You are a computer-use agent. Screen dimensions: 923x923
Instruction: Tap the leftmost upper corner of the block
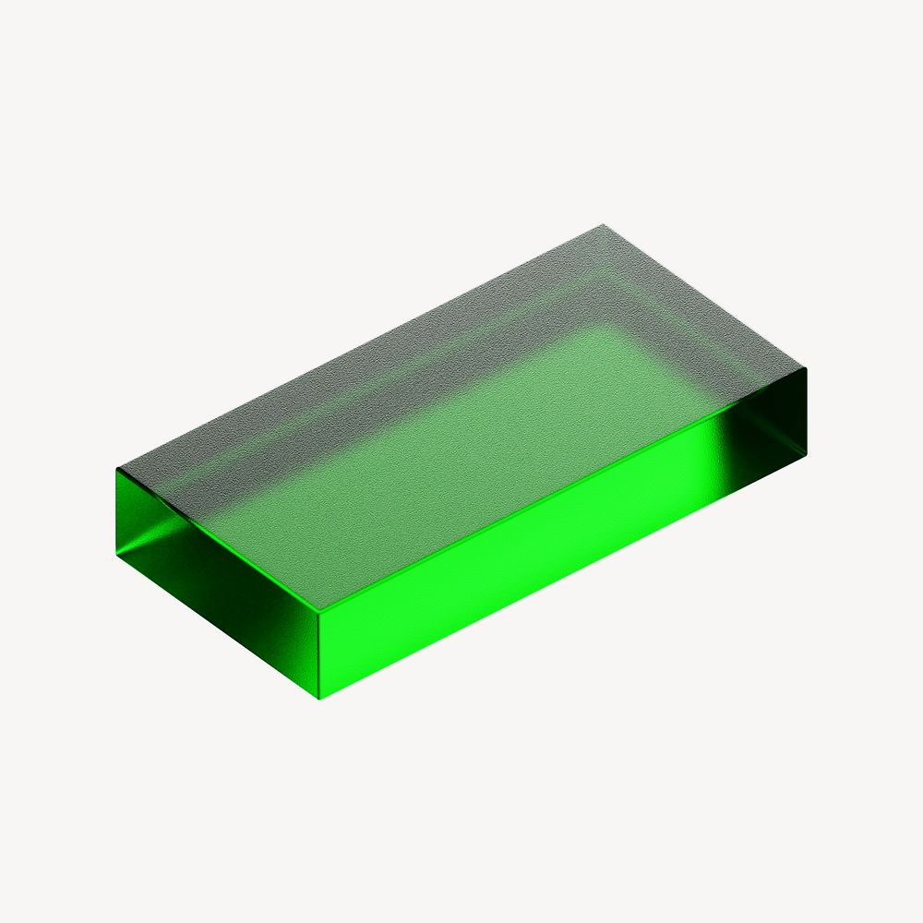(116, 469)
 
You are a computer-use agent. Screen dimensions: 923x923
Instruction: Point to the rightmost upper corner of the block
(807, 368)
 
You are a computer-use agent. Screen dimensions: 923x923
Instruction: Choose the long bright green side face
(554, 535)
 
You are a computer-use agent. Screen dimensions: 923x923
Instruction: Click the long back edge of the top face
(360, 346)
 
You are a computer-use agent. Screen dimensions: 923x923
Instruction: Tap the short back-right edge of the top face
(704, 296)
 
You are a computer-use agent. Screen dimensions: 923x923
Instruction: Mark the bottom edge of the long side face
(563, 575)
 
